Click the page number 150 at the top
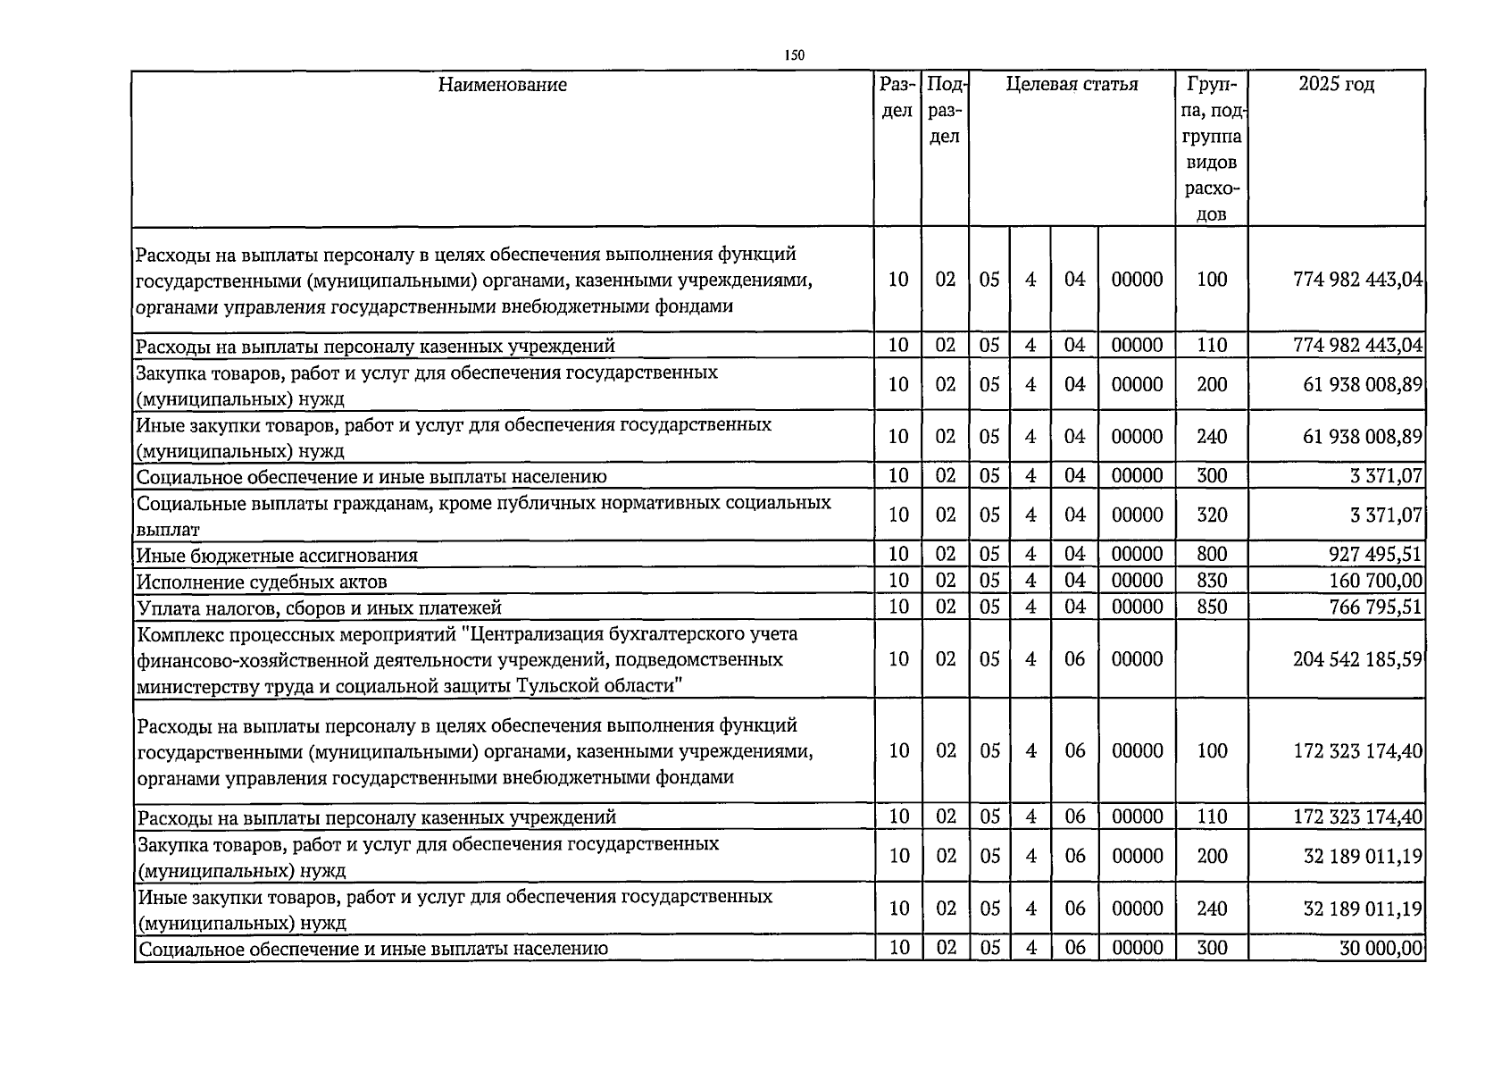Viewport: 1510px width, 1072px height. (794, 55)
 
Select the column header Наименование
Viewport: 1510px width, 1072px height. (502, 85)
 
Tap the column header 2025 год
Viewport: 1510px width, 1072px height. (1336, 85)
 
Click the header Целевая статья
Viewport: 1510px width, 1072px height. (1072, 85)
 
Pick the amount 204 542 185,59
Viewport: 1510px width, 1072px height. (1357, 659)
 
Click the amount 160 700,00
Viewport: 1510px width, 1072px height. (1375, 582)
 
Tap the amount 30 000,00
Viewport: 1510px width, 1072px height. (1381, 949)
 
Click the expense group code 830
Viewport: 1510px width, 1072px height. (1212, 582)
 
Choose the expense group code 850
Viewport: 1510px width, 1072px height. (1212, 607)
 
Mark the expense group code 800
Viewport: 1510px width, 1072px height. (1212, 555)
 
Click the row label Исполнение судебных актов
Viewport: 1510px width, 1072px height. (262, 582)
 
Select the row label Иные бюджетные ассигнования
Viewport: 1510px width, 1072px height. (277, 556)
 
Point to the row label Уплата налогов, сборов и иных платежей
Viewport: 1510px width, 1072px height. (319, 608)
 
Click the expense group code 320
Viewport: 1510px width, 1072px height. (1212, 515)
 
